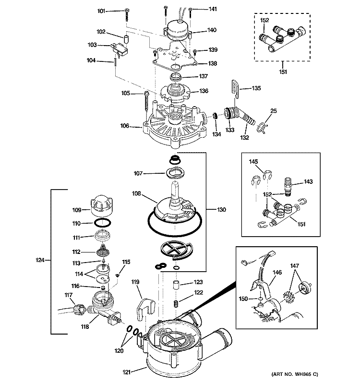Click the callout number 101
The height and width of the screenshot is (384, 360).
point(101,11)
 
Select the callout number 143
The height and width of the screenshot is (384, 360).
point(308,181)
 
